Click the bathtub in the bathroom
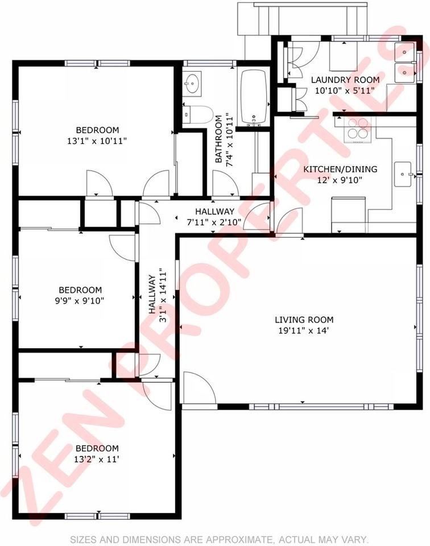(254, 97)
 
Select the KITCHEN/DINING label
(340, 169)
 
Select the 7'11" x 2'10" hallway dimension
(214, 221)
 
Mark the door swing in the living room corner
(198, 388)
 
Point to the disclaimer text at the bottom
(219, 539)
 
